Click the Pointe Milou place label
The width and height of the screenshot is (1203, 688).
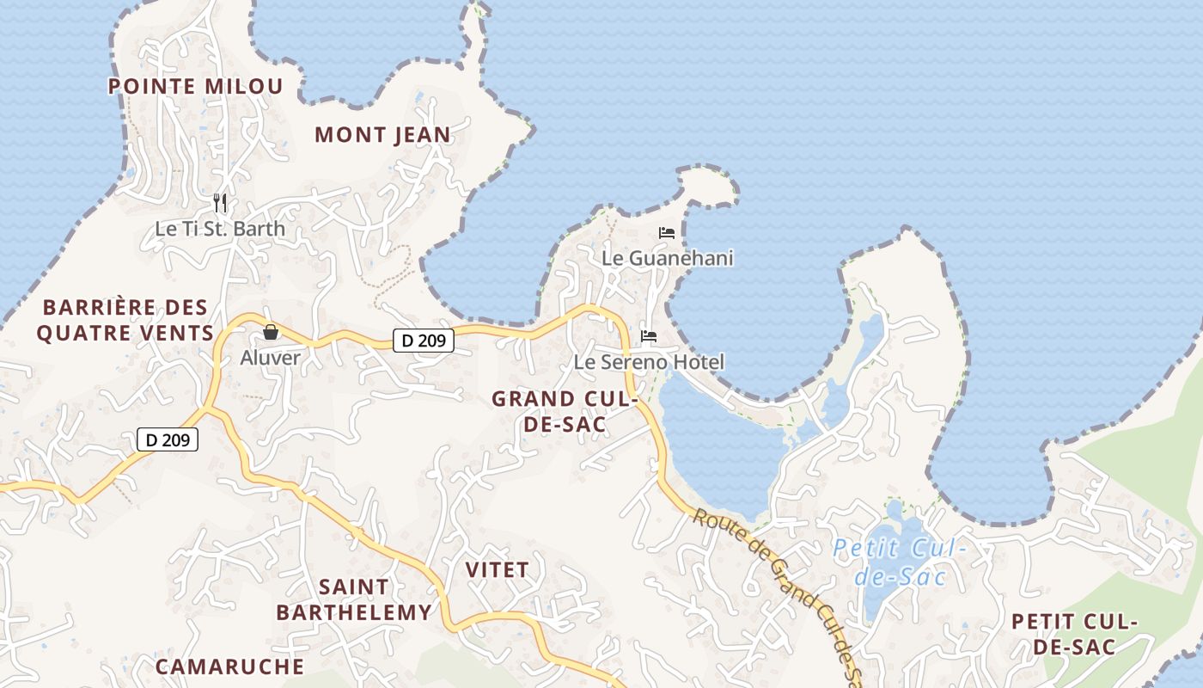(x=195, y=86)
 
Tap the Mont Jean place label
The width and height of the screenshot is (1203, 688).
(x=382, y=134)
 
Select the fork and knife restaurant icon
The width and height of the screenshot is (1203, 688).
(x=220, y=203)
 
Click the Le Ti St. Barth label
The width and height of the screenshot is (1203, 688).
(x=220, y=230)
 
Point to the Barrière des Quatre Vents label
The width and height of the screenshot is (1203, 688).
(x=125, y=320)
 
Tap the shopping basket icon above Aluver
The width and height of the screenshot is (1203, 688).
(x=271, y=332)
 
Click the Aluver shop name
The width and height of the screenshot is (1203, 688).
(x=271, y=358)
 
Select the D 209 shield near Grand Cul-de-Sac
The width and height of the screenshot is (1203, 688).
(x=424, y=341)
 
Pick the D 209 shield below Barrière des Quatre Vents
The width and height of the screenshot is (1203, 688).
(x=168, y=440)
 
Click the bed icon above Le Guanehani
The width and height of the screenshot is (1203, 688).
(x=667, y=232)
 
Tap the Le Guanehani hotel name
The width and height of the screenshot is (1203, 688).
(x=667, y=258)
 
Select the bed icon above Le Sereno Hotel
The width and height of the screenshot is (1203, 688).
(x=649, y=336)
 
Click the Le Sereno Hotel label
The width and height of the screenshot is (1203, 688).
(x=649, y=362)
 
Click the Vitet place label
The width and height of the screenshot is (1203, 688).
(x=497, y=569)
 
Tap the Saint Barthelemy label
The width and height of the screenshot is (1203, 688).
(x=354, y=599)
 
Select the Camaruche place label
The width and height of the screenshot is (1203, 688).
(x=229, y=666)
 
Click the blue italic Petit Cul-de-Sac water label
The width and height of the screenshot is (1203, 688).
(x=900, y=561)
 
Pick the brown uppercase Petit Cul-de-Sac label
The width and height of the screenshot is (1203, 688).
(x=1074, y=634)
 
